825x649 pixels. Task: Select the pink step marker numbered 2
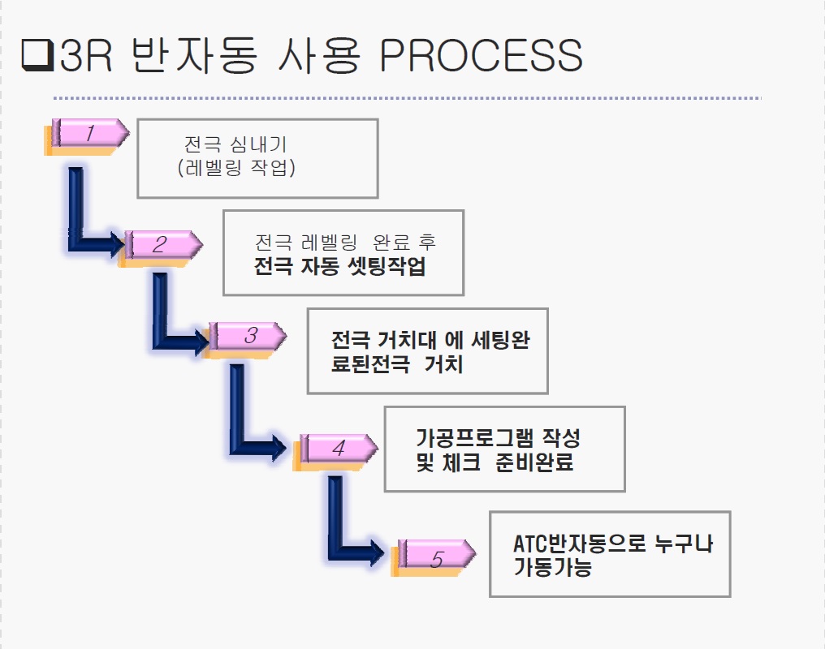point(161,244)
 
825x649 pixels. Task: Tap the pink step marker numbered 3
point(248,335)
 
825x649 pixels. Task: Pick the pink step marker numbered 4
point(337,447)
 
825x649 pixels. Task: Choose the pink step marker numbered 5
point(434,557)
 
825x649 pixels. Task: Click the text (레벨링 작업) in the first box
point(235,169)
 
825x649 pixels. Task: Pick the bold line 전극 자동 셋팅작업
point(339,267)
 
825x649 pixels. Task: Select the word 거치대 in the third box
point(404,340)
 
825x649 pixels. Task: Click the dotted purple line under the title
point(406,98)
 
